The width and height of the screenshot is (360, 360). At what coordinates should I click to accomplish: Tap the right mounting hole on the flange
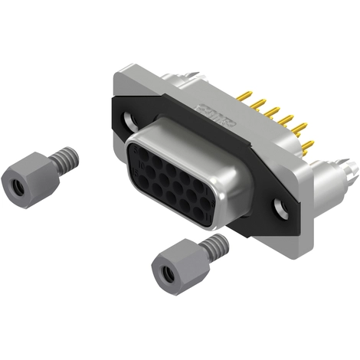280,206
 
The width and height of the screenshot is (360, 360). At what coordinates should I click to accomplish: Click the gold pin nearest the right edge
307,145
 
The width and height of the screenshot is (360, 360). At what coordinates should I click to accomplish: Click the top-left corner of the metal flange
115,74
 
